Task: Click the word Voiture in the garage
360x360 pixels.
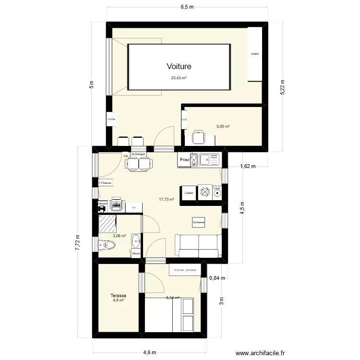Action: [179, 67]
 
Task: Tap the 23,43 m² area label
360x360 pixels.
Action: [179, 78]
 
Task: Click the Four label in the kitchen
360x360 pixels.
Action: [184, 160]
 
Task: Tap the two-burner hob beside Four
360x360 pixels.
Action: [194, 160]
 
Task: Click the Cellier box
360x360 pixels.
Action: [189, 193]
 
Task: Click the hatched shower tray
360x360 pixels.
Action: [108, 224]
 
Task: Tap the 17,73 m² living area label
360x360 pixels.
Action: [166, 199]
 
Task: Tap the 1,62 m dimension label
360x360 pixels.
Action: [248, 167]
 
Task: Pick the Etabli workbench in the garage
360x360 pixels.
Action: [255, 54]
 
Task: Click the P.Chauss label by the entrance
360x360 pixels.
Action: [105, 183]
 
